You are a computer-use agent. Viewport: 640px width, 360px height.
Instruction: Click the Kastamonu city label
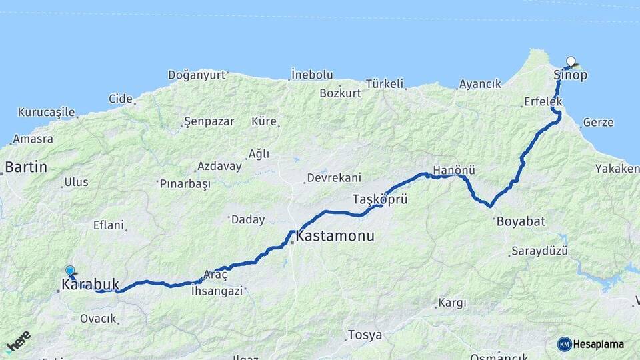(x=335, y=237)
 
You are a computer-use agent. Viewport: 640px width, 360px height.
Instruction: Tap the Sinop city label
(x=571, y=75)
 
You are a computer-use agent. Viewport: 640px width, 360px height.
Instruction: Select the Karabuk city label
(x=90, y=285)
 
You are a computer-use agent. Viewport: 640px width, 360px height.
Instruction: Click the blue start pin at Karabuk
(x=70, y=271)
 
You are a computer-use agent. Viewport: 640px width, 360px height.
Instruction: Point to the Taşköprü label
(x=379, y=199)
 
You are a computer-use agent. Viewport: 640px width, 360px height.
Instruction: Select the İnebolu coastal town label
(x=312, y=75)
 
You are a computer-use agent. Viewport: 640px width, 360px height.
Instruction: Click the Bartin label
(x=26, y=167)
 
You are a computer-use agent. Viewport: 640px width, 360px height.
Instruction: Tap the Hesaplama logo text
(x=598, y=344)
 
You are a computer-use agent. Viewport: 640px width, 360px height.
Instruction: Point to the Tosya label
(x=365, y=335)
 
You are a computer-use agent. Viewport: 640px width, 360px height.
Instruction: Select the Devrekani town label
(x=333, y=178)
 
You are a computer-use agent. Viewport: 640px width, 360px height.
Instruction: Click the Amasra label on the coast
(x=33, y=139)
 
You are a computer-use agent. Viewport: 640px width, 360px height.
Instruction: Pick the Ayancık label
(x=479, y=85)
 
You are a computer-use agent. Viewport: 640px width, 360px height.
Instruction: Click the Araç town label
(x=215, y=275)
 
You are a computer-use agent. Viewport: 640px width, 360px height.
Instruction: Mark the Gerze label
(x=598, y=123)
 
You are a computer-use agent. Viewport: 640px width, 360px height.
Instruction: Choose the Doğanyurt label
(x=197, y=74)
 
